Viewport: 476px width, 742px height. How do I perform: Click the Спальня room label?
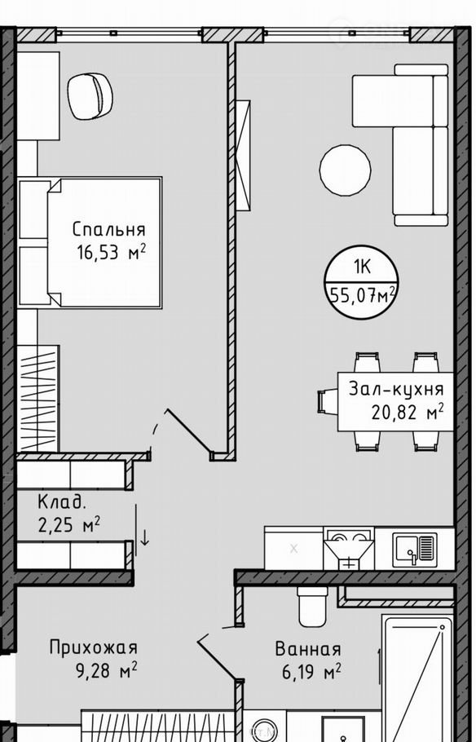[x=109, y=229]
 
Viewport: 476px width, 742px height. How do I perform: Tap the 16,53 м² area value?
[x=111, y=253]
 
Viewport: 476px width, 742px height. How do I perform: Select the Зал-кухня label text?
[x=396, y=390]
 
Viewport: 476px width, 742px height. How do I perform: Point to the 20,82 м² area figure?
[x=408, y=412]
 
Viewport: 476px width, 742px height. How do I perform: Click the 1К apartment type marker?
[x=362, y=267]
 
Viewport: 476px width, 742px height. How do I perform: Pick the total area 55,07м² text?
[x=362, y=297]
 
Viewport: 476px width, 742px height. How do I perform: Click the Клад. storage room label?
[x=62, y=501]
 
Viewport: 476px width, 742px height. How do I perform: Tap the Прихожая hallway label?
[x=94, y=647]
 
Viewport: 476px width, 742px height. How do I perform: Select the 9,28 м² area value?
[x=107, y=670]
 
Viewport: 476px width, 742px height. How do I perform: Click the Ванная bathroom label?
[x=308, y=649]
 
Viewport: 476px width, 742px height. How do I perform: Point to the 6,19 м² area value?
[x=311, y=671]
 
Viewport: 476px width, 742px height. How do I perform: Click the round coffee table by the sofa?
[x=346, y=170]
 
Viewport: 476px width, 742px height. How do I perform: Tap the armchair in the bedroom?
[x=90, y=96]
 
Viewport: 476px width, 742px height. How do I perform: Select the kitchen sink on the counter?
[x=415, y=548]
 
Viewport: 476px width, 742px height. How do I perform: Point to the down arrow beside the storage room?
[x=145, y=537]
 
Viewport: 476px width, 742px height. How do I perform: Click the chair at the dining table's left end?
[x=328, y=402]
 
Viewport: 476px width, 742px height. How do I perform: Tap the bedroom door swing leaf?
[x=188, y=431]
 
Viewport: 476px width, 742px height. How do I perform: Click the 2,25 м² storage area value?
[x=69, y=525]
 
